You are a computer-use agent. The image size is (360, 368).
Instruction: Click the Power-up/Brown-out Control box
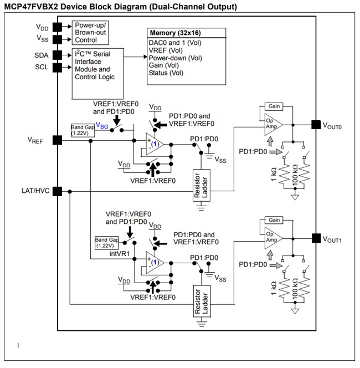pos(91,33)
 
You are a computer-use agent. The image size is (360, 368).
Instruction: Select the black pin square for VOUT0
pos(315,125)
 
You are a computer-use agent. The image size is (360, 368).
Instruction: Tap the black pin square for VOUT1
pos(315,238)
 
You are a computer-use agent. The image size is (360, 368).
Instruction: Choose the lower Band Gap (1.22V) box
pos(107,242)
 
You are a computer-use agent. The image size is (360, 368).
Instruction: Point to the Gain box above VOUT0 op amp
pos(273,106)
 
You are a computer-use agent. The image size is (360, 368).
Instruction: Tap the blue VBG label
pos(102,126)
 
